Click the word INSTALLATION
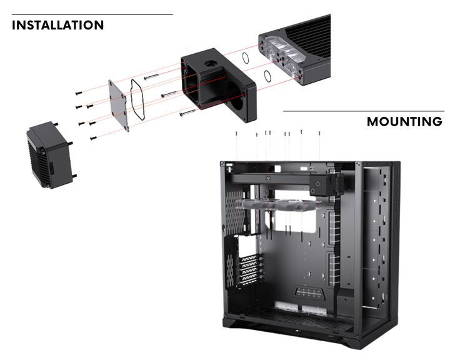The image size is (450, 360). click(x=57, y=26)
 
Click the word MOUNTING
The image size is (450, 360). click(x=404, y=121)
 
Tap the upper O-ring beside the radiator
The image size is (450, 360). click(x=246, y=57)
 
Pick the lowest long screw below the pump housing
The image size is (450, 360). click(x=187, y=113)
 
